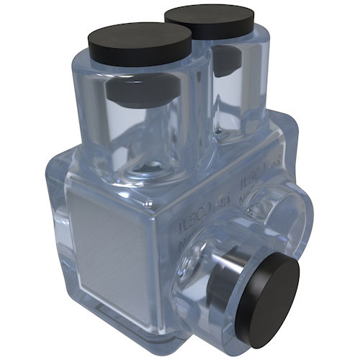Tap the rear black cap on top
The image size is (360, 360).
209,22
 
